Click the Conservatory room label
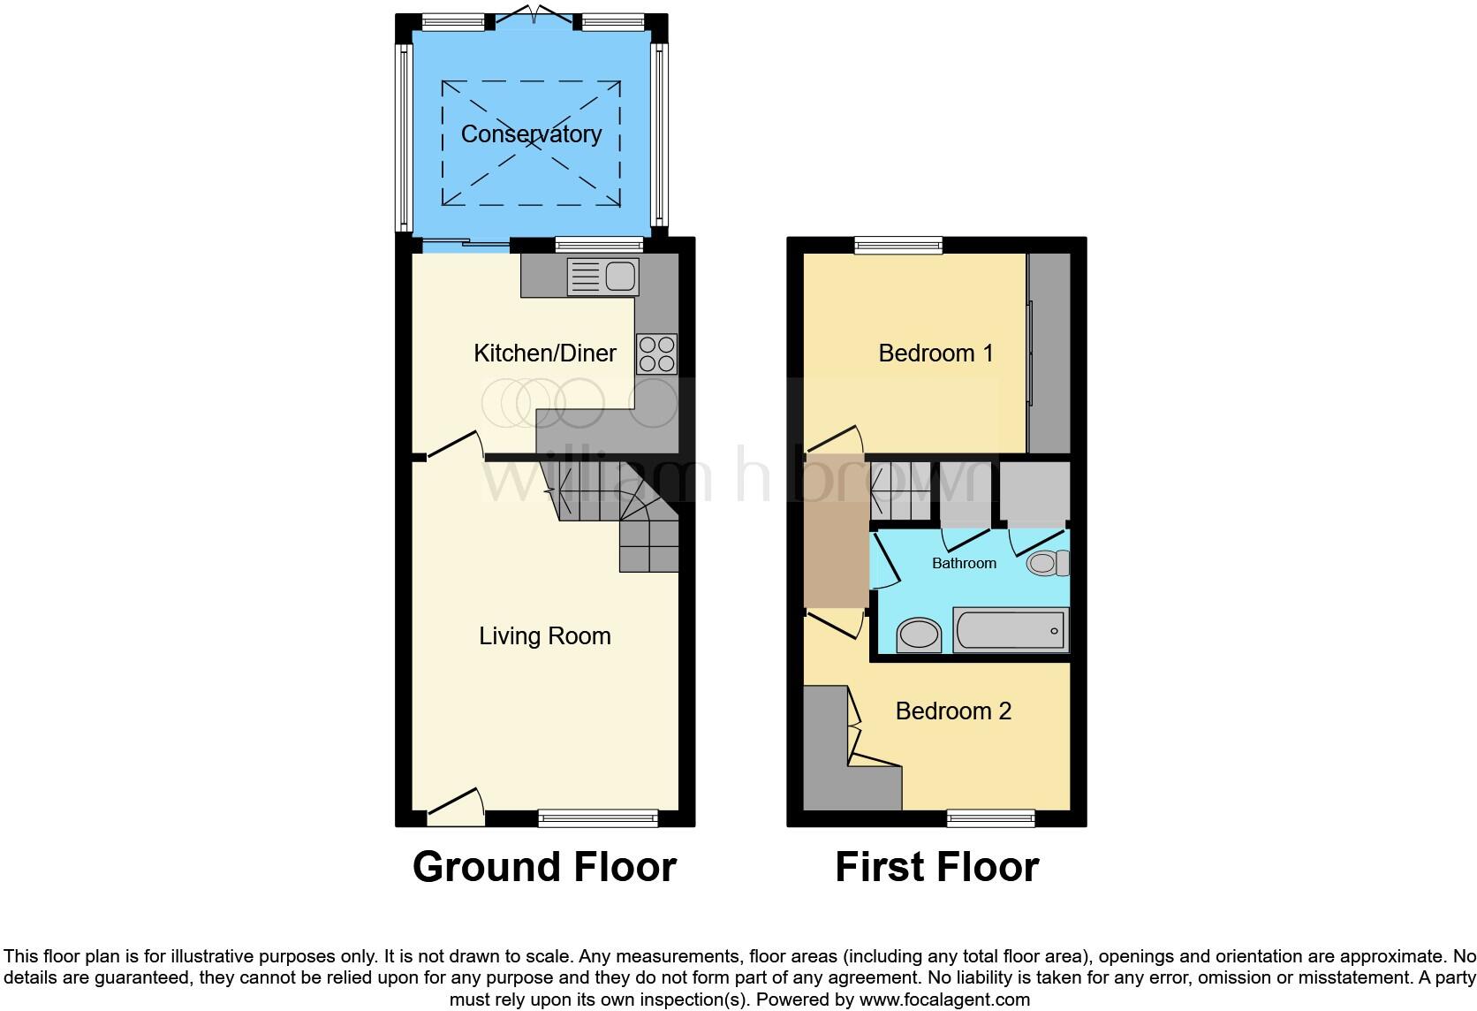click(531, 134)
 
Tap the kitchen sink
click(602, 277)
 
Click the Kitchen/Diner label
click(545, 353)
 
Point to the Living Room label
click(545, 636)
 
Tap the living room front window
click(598, 818)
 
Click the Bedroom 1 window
click(898, 246)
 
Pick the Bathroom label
click(964, 563)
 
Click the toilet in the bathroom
click(1049, 563)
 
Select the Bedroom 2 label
click(953, 711)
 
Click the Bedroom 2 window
click(990, 818)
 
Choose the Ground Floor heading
click(544, 867)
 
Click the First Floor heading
click(936, 867)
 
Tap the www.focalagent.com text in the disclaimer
click(943, 1000)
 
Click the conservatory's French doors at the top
click(534, 18)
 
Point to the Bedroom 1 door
click(835, 441)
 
